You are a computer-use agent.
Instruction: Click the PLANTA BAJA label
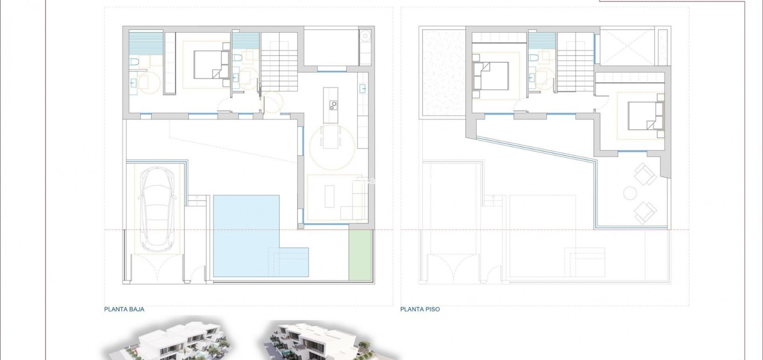point(124,309)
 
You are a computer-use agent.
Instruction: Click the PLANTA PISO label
point(420,309)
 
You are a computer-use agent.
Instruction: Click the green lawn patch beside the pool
point(360,255)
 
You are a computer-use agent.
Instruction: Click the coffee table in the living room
point(330,196)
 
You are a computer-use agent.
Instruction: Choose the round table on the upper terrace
point(630,193)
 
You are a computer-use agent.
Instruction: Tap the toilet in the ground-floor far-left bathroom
point(134,61)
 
